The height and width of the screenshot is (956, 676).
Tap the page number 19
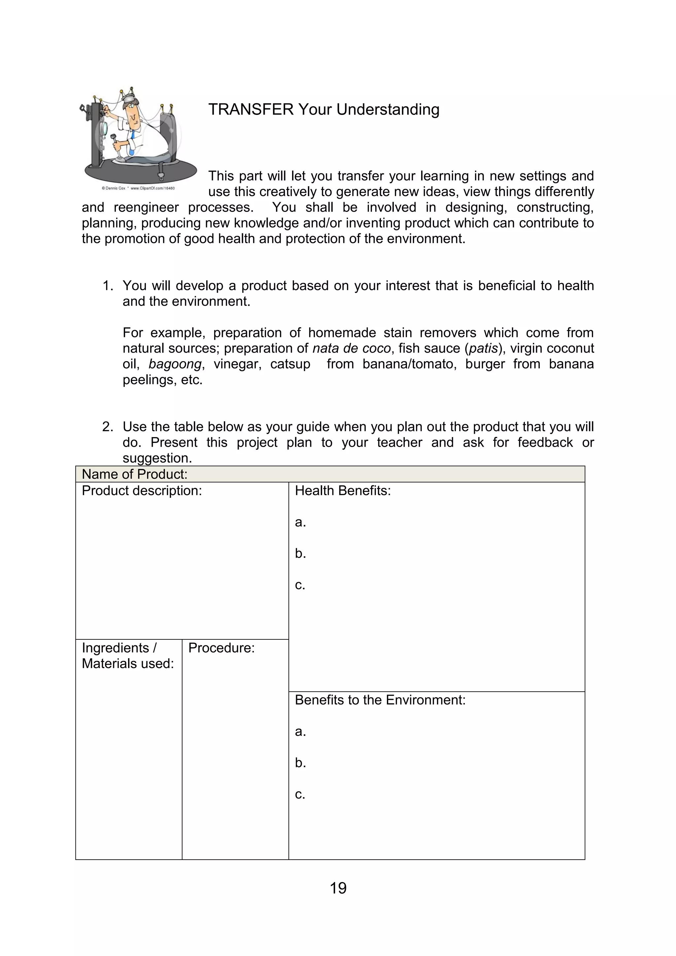coord(338,888)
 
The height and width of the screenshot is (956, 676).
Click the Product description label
coord(142,491)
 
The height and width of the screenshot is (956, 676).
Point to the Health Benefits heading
coord(343,491)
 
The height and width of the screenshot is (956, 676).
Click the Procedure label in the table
coord(221,648)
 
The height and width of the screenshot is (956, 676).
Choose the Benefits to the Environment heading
coord(380,700)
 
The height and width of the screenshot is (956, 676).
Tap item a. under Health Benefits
coord(300,522)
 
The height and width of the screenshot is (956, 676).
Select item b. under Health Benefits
coord(300,553)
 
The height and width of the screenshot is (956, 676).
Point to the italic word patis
coord(483,348)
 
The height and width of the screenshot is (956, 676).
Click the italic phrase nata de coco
coord(351,348)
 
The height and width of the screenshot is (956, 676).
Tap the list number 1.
coord(107,286)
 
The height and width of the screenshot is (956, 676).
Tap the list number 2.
coord(107,427)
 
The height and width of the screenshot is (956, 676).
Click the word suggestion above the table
coord(157,458)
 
